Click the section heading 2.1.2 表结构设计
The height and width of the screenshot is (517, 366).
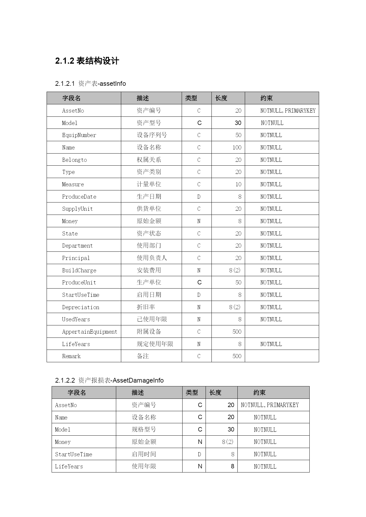pyautogui.click(x=87, y=61)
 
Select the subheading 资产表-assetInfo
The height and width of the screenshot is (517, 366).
pyautogui.click(x=91, y=84)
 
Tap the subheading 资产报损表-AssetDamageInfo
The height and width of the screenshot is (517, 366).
pyautogui.click(x=109, y=381)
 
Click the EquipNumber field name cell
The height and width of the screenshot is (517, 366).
pyautogui.click(x=79, y=135)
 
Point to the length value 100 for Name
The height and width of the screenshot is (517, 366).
pyautogui.click(x=237, y=148)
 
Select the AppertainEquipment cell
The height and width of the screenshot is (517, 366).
pyautogui.click(x=89, y=332)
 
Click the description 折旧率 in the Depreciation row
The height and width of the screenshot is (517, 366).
pyautogui.click(x=146, y=307)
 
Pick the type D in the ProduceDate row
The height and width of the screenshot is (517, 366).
pyautogui.click(x=199, y=197)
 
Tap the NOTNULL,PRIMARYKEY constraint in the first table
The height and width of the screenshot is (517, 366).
pyautogui.click(x=288, y=111)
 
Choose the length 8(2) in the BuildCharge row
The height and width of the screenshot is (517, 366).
pyautogui.click(x=235, y=270)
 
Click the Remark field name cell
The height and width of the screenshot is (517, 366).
pyautogui.click(x=71, y=356)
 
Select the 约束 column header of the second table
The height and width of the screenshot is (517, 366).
pyautogui.click(x=260, y=393)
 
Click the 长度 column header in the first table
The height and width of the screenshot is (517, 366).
pyautogui.click(x=221, y=98)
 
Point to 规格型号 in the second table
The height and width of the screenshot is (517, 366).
pyautogui.click(x=144, y=429)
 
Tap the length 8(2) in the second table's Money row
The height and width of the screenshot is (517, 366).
pyautogui.click(x=228, y=442)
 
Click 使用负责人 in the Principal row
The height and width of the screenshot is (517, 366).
pyautogui.click(x=152, y=258)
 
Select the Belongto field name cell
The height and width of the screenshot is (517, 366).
pyautogui.click(x=74, y=160)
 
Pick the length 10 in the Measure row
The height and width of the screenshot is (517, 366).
pyautogui.click(x=238, y=185)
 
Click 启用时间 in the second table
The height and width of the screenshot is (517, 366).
pyautogui.click(x=144, y=454)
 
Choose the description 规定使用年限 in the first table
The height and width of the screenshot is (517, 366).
pyautogui.click(x=155, y=344)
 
